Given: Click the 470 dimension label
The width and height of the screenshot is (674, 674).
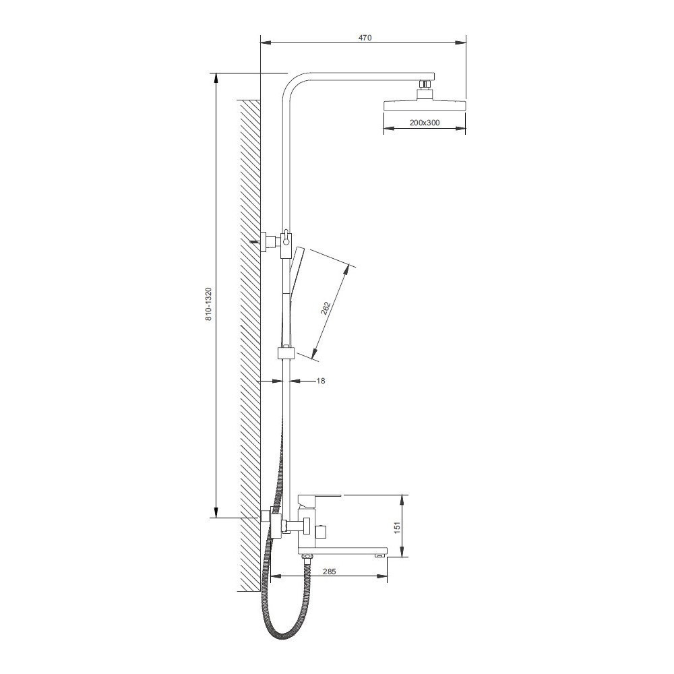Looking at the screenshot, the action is point(365,37).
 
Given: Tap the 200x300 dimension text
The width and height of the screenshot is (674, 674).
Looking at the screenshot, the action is point(424,123).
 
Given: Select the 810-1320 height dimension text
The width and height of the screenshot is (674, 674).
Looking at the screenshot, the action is point(208,305).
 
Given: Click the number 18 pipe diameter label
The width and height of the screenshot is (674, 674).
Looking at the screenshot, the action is point(321,380).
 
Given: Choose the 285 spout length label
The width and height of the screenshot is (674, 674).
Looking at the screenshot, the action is point(329,572).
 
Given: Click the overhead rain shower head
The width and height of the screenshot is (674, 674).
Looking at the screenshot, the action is point(424,106).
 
